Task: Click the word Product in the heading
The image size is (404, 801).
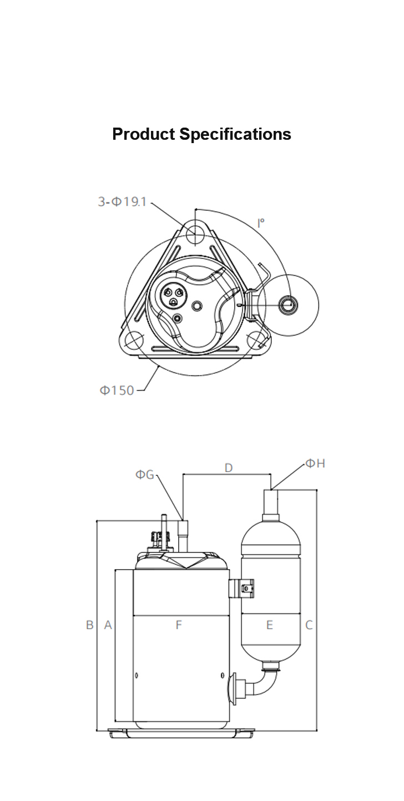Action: [x=144, y=134]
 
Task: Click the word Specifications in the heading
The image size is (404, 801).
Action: [x=235, y=135]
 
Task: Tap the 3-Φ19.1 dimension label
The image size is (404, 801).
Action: [x=123, y=202]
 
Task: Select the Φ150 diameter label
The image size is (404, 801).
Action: [x=117, y=390]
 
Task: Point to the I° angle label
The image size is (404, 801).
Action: [x=261, y=223]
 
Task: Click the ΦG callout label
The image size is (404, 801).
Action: [x=145, y=474]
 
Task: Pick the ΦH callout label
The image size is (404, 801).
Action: [x=316, y=463]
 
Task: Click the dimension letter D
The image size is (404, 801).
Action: [x=228, y=468]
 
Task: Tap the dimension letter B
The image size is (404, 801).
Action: [x=90, y=625]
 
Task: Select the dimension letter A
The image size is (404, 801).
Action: [x=108, y=625]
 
